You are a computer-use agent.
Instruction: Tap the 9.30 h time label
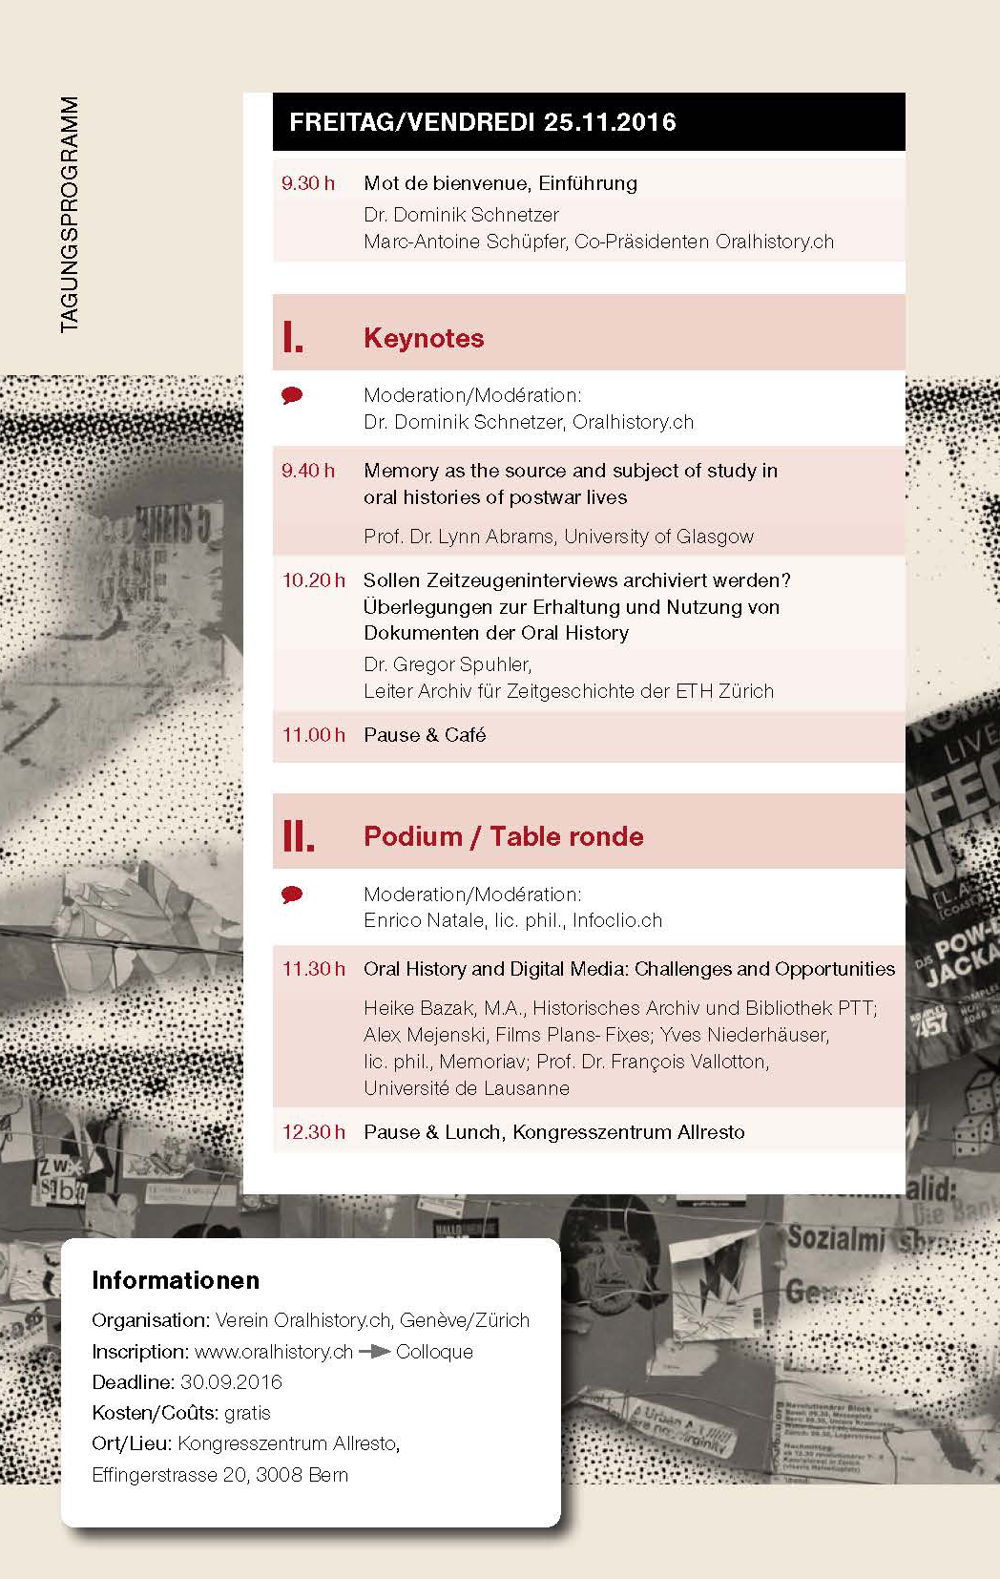pos(308,183)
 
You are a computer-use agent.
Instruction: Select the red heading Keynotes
pos(424,338)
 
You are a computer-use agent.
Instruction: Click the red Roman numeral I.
pos(293,338)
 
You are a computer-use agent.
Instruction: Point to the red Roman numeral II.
pos(298,836)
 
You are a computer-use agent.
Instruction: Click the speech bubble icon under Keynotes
pos(293,395)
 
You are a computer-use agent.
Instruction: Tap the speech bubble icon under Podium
pos(293,895)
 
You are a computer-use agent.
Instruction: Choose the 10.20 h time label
pos(313,580)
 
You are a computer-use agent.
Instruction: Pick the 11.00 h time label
pos(313,735)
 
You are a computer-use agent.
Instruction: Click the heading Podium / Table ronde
pos(504,836)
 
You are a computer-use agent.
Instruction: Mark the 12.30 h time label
pos(313,1132)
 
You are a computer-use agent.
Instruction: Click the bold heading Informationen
pos(176,1280)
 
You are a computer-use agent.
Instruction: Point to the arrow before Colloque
pos(374,1352)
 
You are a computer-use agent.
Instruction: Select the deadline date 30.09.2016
pos(231,1382)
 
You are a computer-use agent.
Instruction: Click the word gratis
pos(247,1413)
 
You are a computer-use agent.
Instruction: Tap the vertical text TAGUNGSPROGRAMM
pos(69,215)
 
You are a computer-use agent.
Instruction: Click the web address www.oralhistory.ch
pos(274,1352)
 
